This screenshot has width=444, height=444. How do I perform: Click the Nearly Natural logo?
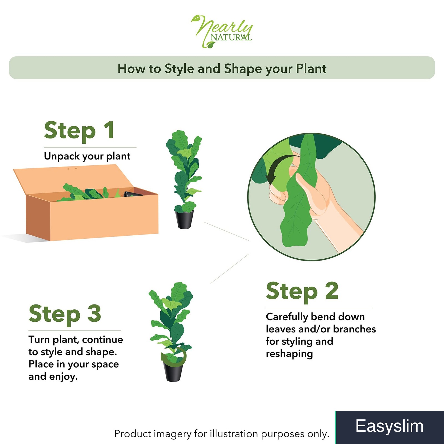(x=222, y=31)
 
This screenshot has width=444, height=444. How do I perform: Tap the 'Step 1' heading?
(x=79, y=131)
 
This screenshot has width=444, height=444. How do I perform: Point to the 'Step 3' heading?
(x=65, y=314)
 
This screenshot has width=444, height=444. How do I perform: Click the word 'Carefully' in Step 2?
(x=287, y=317)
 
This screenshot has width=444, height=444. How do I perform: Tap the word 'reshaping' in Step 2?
(x=289, y=354)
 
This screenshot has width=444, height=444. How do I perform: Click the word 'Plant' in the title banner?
(x=311, y=69)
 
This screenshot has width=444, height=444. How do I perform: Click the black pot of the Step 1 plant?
(x=184, y=220)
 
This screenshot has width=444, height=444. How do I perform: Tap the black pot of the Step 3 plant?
(x=174, y=371)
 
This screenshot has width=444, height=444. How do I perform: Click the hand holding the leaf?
(x=314, y=200)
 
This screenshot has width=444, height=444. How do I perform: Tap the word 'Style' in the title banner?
(x=179, y=69)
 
